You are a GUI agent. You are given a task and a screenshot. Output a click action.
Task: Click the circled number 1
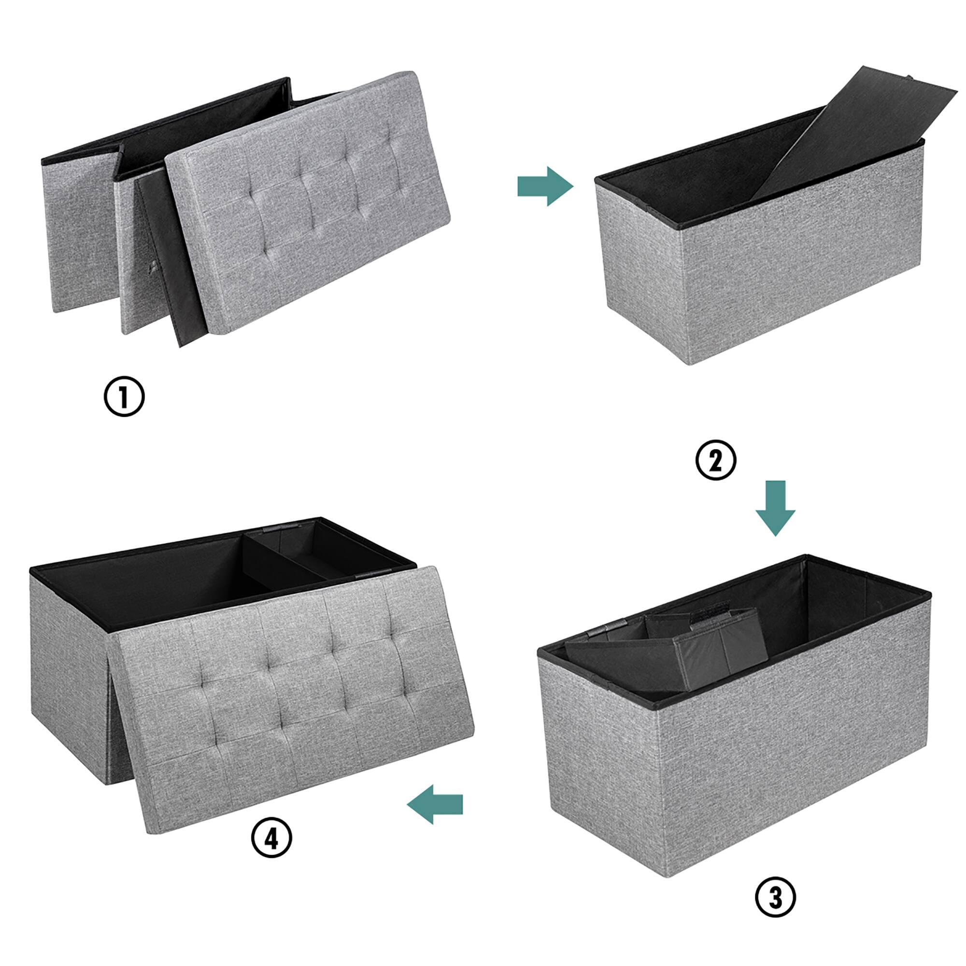(x=124, y=397)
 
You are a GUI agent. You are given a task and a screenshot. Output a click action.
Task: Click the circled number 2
(x=716, y=461)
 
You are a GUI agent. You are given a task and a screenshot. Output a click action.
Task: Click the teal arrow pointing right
(x=545, y=186)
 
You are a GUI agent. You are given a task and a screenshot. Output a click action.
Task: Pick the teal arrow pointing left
(x=435, y=804)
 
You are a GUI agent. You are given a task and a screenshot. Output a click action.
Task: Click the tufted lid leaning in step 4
(x=295, y=700)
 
